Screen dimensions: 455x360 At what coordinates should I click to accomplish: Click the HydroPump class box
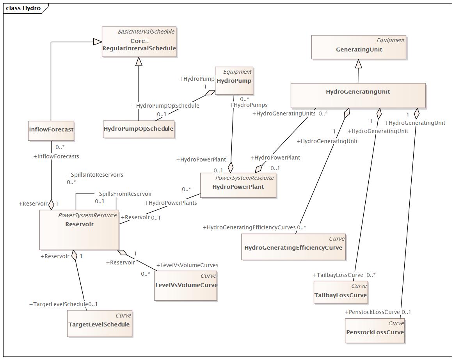click(234, 81)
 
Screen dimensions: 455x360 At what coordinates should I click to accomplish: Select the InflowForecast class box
click(51, 131)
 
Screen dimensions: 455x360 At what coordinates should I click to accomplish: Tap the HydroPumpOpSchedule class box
click(139, 129)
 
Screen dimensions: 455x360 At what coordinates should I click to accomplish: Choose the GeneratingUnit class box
click(359, 47)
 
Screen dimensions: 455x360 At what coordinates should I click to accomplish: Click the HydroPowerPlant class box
click(238, 185)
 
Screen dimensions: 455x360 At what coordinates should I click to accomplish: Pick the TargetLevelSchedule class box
click(100, 323)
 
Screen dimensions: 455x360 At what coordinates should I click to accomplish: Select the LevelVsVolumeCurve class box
click(186, 286)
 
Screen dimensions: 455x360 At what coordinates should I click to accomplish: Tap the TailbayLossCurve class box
click(341, 292)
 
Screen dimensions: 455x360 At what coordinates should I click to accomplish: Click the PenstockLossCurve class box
click(375, 331)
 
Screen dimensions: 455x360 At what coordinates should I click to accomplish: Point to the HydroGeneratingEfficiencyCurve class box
click(293, 247)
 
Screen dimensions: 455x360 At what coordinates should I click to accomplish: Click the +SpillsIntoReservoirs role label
click(95, 175)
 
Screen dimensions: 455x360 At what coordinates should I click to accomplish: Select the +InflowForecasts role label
click(56, 156)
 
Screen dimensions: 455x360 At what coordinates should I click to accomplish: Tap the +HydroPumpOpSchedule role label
click(166, 106)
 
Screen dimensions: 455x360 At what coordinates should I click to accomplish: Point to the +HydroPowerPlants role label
click(171, 203)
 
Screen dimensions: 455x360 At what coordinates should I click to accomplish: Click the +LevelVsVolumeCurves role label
click(187, 265)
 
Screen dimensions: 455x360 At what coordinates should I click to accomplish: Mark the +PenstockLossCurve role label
click(372, 312)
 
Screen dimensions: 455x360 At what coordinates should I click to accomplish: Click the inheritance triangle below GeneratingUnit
click(359, 64)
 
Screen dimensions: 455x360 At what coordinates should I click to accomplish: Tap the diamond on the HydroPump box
click(210, 93)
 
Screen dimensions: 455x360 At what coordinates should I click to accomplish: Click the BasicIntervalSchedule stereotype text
click(146, 32)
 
